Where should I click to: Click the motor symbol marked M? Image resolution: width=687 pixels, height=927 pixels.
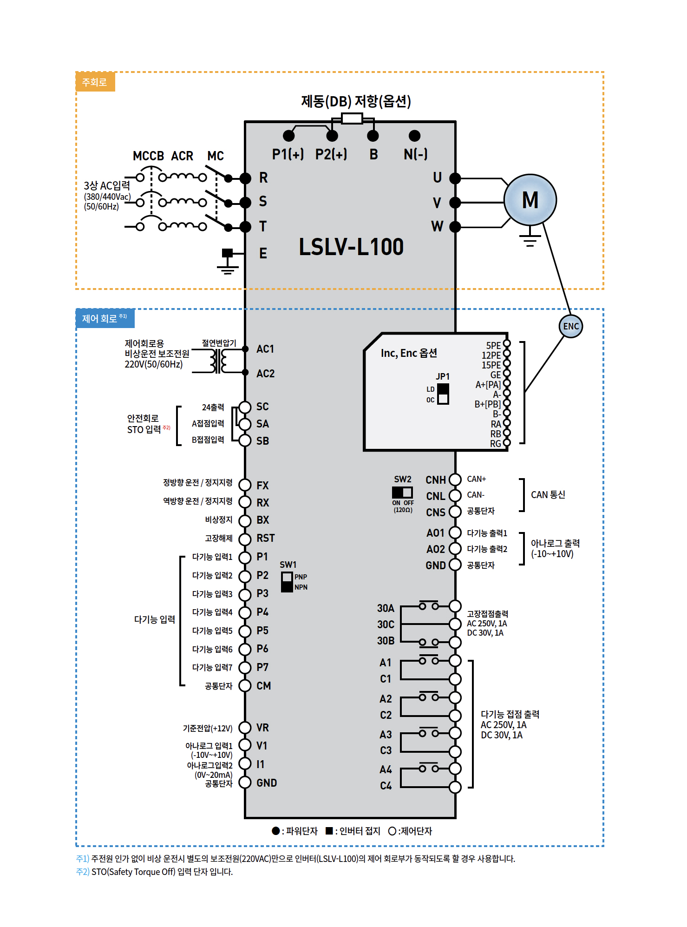[x=530, y=200]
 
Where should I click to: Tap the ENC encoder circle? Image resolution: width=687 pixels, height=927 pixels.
[x=570, y=326]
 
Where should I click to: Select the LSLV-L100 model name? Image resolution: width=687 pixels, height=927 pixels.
[x=351, y=247]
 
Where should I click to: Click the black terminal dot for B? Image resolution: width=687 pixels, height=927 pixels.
[x=373, y=136]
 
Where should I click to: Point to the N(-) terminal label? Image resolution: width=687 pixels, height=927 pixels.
[x=415, y=154]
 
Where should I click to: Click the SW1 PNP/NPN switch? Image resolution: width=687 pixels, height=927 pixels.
[x=287, y=582]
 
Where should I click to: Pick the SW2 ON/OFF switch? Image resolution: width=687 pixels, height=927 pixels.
[x=402, y=492]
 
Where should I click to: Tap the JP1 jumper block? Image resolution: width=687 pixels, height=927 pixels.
[x=443, y=394]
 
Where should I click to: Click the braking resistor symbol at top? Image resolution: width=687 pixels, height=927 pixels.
[x=352, y=118]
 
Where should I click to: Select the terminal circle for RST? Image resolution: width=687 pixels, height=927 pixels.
[x=245, y=539]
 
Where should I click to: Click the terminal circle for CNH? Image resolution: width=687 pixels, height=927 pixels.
[x=455, y=480]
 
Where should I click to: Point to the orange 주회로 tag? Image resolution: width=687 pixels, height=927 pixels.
[x=95, y=82]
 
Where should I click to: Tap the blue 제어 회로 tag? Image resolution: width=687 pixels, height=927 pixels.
[x=105, y=319]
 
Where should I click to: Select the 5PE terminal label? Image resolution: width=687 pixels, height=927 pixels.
[x=493, y=346]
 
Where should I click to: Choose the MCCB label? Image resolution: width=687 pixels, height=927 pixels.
[x=148, y=156]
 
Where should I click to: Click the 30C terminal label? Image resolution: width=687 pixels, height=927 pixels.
[x=386, y=625]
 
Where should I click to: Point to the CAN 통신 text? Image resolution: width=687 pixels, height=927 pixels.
[x=548, y=495]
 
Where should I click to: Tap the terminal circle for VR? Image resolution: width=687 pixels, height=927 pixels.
[x=245, y=728]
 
